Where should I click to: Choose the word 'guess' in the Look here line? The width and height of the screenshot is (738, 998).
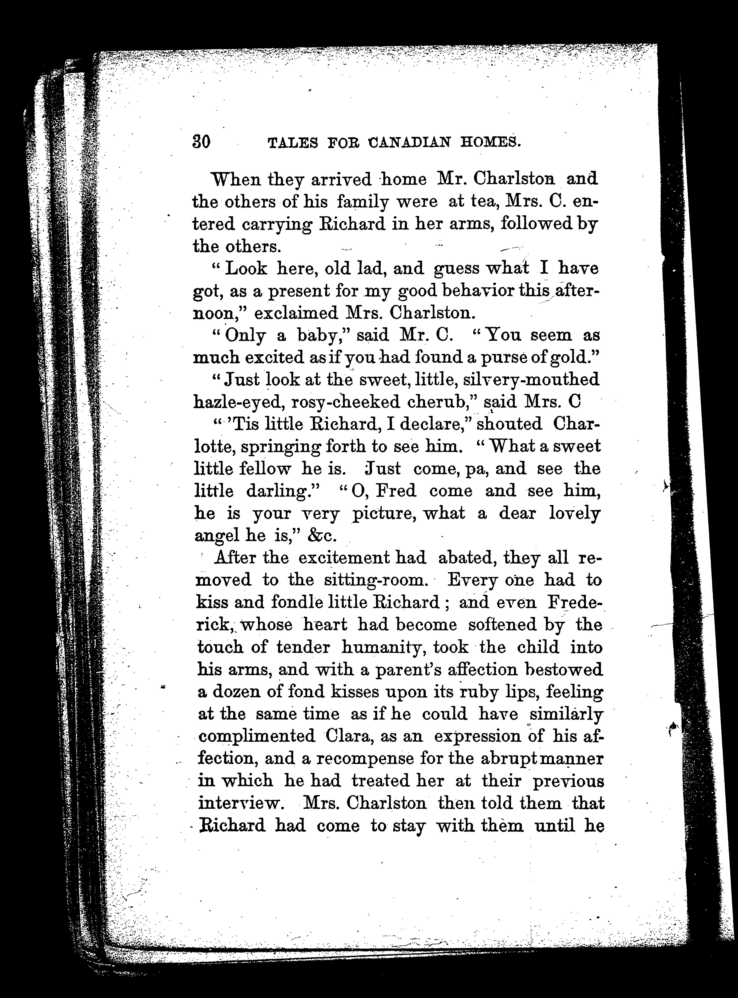(x=456, y=269)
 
